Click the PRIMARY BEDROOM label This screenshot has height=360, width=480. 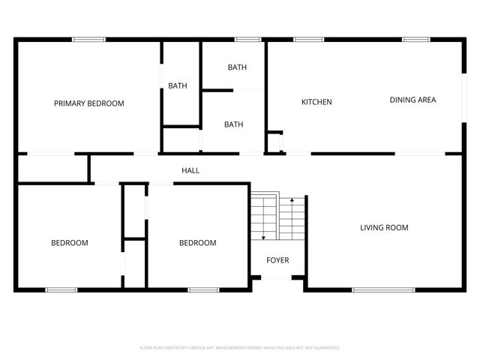coord(88,103)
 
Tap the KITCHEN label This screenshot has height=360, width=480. coord(316,102)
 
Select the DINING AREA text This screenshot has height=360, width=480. coord(412,100)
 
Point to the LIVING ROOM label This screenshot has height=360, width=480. coord(384,227)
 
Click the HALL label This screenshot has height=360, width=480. coord(190,170)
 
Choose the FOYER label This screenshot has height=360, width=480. coord(278,260)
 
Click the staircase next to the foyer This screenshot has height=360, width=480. coord(277,217)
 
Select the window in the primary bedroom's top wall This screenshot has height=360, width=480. coord(88,39)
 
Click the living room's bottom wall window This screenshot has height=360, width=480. coord(383,289)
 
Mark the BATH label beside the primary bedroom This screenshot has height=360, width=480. coord(178,86)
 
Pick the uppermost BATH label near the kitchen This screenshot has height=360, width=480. coord(237,67)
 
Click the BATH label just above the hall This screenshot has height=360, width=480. coord(233,124)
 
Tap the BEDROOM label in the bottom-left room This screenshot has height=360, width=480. coord(70,243)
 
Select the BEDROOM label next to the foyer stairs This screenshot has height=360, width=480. coord(197,243)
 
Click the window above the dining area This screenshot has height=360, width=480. coord(415,39)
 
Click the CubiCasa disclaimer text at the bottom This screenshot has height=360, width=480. coord(240,348)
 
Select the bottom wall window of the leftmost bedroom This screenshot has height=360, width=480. coord(61,289)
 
